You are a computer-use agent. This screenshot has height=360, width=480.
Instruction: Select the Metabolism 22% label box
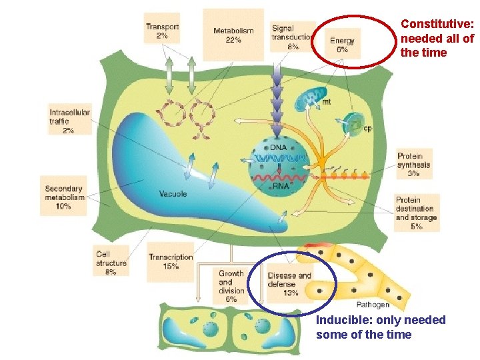coord(233,35)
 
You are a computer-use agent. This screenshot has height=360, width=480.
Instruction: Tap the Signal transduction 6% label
coord(291,37)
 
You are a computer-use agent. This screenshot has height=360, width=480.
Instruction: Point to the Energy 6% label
coord(343,45)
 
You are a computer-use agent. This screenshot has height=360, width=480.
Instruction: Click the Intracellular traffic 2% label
coord(69,121)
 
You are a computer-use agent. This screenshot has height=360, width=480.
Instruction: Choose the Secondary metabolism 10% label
coord(64,197)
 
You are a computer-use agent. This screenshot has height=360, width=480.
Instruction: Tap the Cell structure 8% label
coord(111,263)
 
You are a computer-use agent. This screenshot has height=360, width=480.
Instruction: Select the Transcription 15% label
coord(171,261)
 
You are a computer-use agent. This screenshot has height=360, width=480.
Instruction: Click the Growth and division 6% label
coord(231,286)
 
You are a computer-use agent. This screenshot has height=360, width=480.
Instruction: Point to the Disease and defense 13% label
coord(289,283)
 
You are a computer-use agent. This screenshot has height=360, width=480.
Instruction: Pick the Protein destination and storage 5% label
coord(417,213)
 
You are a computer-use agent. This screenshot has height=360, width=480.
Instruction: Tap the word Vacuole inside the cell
coord(173,194)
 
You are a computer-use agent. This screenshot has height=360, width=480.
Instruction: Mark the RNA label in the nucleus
coord(281,186)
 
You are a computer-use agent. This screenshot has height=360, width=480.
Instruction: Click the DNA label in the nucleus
coord(279,147)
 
